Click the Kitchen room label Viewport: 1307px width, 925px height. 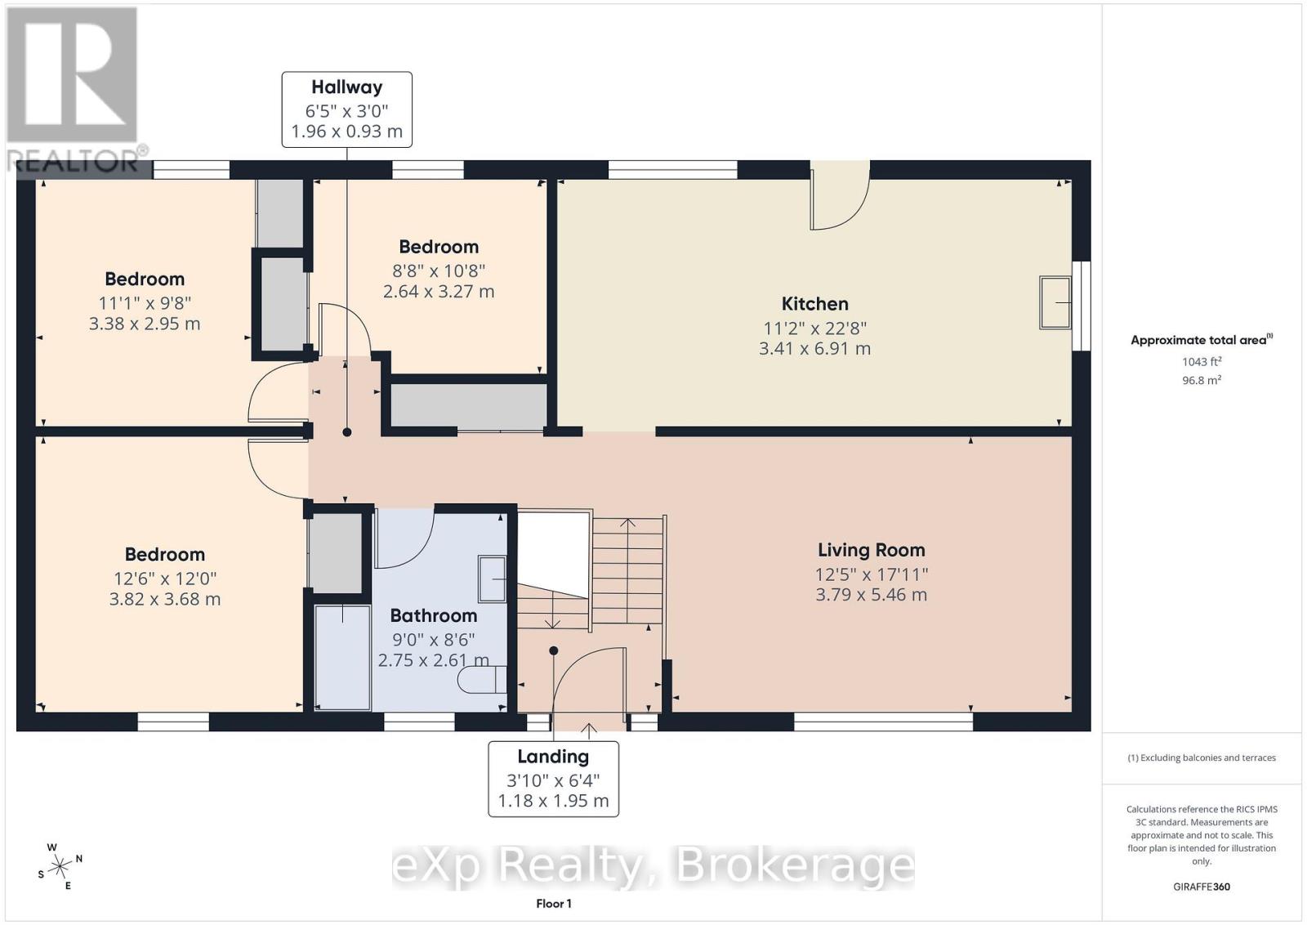pyautogui.click(x=814, y=304)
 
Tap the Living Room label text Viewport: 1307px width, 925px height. pyautogui.click(x=871, y=550)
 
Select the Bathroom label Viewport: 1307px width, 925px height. pyautogui.click(x=434, y=615)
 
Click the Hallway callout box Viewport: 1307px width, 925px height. pyautogui.click(x=347, y=109)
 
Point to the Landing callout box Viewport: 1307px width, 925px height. pyautogui.click(x=553, y=779)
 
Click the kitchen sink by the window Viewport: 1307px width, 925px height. pyautogui.click(x=1055, y=303)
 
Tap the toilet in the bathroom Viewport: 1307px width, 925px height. pyautogui.click(x=483, y=680)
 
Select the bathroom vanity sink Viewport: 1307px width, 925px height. pyautogui.click(x=492, y=579)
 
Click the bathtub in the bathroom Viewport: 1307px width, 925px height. pyautogui.click(x=342, y=658)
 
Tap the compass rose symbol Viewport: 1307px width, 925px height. pyautogui.click(x=60, y=867)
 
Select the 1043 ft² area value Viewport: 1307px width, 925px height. pyautogui.click(x=1202, y=362)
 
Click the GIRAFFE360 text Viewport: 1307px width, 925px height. pyautogui.click(x=1202, y=887)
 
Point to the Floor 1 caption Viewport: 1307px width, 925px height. pyautogui.click(x=554, y=904)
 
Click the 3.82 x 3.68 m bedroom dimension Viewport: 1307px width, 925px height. pyautogui.click(x=165, y=599)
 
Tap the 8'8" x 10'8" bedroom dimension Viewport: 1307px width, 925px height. pyautogui.click(x=439, y=270)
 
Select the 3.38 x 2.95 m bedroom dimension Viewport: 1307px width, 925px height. pyautogui.click(x=145, y=324)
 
